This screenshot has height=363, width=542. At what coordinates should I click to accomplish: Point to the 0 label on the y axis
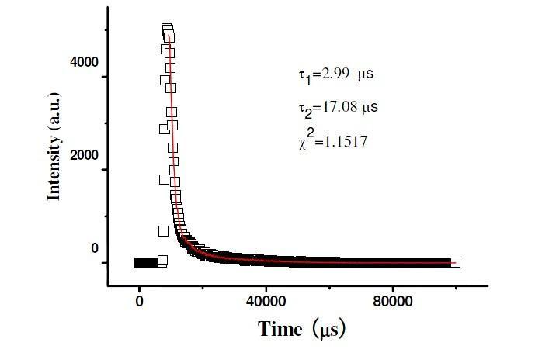(95, 249)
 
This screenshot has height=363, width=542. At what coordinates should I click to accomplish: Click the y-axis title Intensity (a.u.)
(54, 155)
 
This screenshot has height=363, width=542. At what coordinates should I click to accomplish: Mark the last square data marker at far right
(455, 262)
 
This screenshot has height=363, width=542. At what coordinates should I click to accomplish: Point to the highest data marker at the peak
(166, 29)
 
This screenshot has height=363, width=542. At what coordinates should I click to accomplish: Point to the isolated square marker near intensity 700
(163, 231)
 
